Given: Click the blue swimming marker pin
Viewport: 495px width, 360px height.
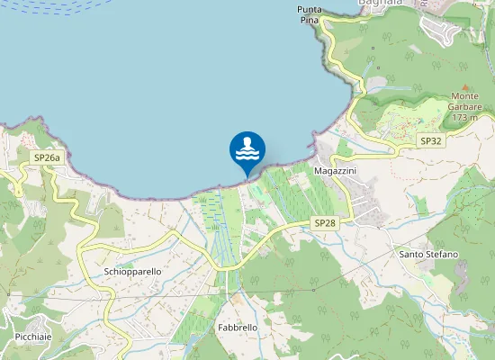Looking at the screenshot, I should [247, 151].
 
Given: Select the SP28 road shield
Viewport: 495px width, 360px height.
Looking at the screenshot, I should [325, 221].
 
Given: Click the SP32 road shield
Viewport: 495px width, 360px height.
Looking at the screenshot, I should [431, 141].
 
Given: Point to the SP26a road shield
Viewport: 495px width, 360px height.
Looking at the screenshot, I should [47, 157].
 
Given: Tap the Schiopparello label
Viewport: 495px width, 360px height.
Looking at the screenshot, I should [132, 271].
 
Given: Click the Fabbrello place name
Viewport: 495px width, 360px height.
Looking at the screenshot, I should [238, 328].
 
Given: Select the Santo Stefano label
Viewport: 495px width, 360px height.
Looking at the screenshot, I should [428, 255].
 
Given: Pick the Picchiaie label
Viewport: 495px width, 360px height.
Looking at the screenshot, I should [32, 337].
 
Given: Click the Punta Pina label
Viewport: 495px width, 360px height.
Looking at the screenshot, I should [309, 14].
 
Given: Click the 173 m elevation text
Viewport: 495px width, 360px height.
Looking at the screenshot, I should [465, 117].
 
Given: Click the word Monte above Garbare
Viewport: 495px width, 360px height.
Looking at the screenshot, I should [465, 96].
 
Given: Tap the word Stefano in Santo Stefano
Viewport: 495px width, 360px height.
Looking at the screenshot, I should [443, 255].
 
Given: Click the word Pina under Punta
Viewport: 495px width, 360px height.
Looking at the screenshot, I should [309, 20].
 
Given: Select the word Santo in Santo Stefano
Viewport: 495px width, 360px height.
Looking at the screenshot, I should [412, 255].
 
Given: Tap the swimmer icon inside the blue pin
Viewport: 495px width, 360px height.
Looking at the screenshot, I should [247, 148].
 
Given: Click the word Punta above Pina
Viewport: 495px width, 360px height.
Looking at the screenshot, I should [309, 9].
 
